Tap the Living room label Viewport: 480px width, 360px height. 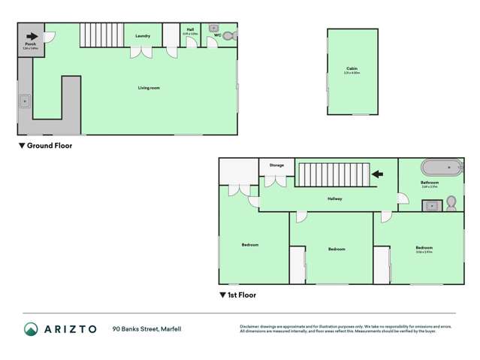point(149,88)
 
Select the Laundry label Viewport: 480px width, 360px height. point(142,36)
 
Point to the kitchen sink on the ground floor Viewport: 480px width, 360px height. point(25,99)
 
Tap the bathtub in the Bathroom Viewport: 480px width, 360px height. point(441,168)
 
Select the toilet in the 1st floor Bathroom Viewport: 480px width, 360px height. point(451,203)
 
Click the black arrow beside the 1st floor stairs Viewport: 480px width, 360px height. point(378,174)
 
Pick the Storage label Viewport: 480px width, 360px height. point(276,165)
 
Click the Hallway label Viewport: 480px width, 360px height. point(334,198)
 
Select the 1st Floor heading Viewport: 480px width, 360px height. point(238,295)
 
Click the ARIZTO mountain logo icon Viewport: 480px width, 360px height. point(31,328)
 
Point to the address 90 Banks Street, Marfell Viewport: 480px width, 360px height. point(146,328)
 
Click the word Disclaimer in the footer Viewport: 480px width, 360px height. point(250,325)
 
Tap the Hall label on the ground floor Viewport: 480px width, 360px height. point(190,30)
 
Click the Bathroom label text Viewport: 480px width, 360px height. point(429,182)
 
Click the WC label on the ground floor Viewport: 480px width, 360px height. point(217,35)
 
